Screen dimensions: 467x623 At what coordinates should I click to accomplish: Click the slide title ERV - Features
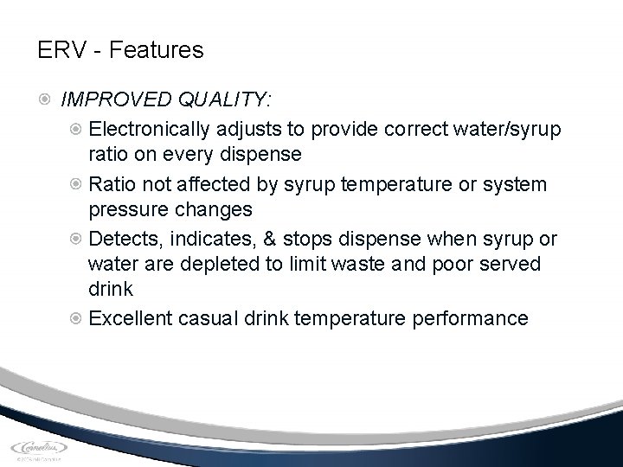click(x=120, y=50)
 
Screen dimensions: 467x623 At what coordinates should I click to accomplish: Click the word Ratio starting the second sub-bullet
click(x=112, y=184)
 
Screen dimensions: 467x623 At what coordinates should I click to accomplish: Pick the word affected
click(x=202, y=184)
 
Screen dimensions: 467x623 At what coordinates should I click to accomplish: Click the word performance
click(x=472, y=318)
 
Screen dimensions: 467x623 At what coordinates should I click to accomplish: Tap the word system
click(x=517, y=184)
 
